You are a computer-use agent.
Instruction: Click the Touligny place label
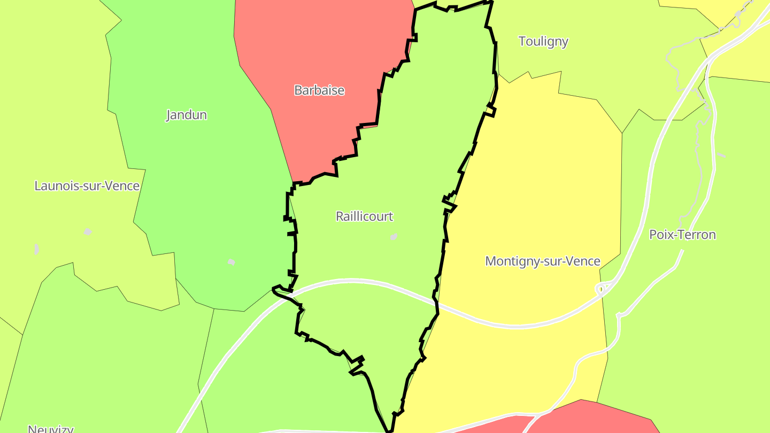coord(543,42)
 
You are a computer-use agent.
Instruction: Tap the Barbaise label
coord(319,90)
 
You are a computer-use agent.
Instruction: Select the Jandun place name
coord(186,115)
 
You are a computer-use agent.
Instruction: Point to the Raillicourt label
coord(364,216)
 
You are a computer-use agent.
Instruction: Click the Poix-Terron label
coord(682,235)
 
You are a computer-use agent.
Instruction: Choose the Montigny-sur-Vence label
coord(542,261)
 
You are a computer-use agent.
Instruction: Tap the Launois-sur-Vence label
coord(87,186)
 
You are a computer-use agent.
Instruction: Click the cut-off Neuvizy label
coord(50,429)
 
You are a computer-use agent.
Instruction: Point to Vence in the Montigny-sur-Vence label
coord(584,261)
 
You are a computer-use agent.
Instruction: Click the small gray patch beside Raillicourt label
coord(394,236)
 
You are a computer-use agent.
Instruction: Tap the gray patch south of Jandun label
coord(231,261)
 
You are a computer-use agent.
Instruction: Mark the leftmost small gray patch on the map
coord(36,249)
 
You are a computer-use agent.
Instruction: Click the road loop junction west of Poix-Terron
coord(602,289)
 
